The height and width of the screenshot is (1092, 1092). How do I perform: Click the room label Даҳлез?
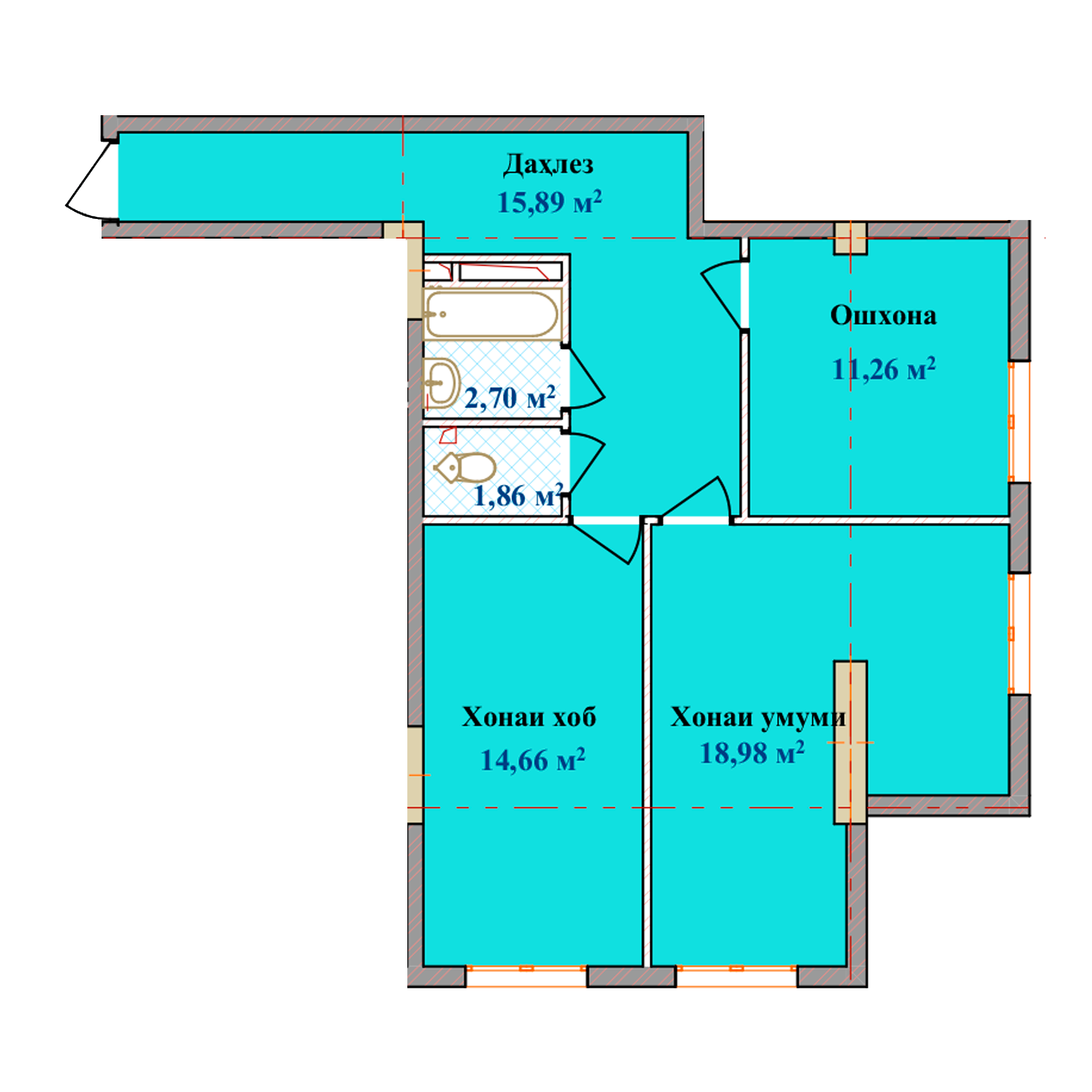[x=548, y=164]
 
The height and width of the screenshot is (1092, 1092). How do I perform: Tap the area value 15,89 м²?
[x=549, y=202]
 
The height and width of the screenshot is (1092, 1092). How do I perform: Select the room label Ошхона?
[x=883, y=315]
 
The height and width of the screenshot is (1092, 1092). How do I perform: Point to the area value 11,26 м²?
[x=884, y=369]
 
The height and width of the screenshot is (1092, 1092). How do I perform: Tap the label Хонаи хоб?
[x=529, y=717]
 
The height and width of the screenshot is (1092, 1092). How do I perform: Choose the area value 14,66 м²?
[x=532, y=759]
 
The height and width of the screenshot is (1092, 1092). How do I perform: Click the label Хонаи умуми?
[x=758, y=717]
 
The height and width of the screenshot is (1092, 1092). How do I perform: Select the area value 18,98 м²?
[x=752, y=753]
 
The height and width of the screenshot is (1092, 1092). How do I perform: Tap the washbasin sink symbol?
[x=441, y=383]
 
